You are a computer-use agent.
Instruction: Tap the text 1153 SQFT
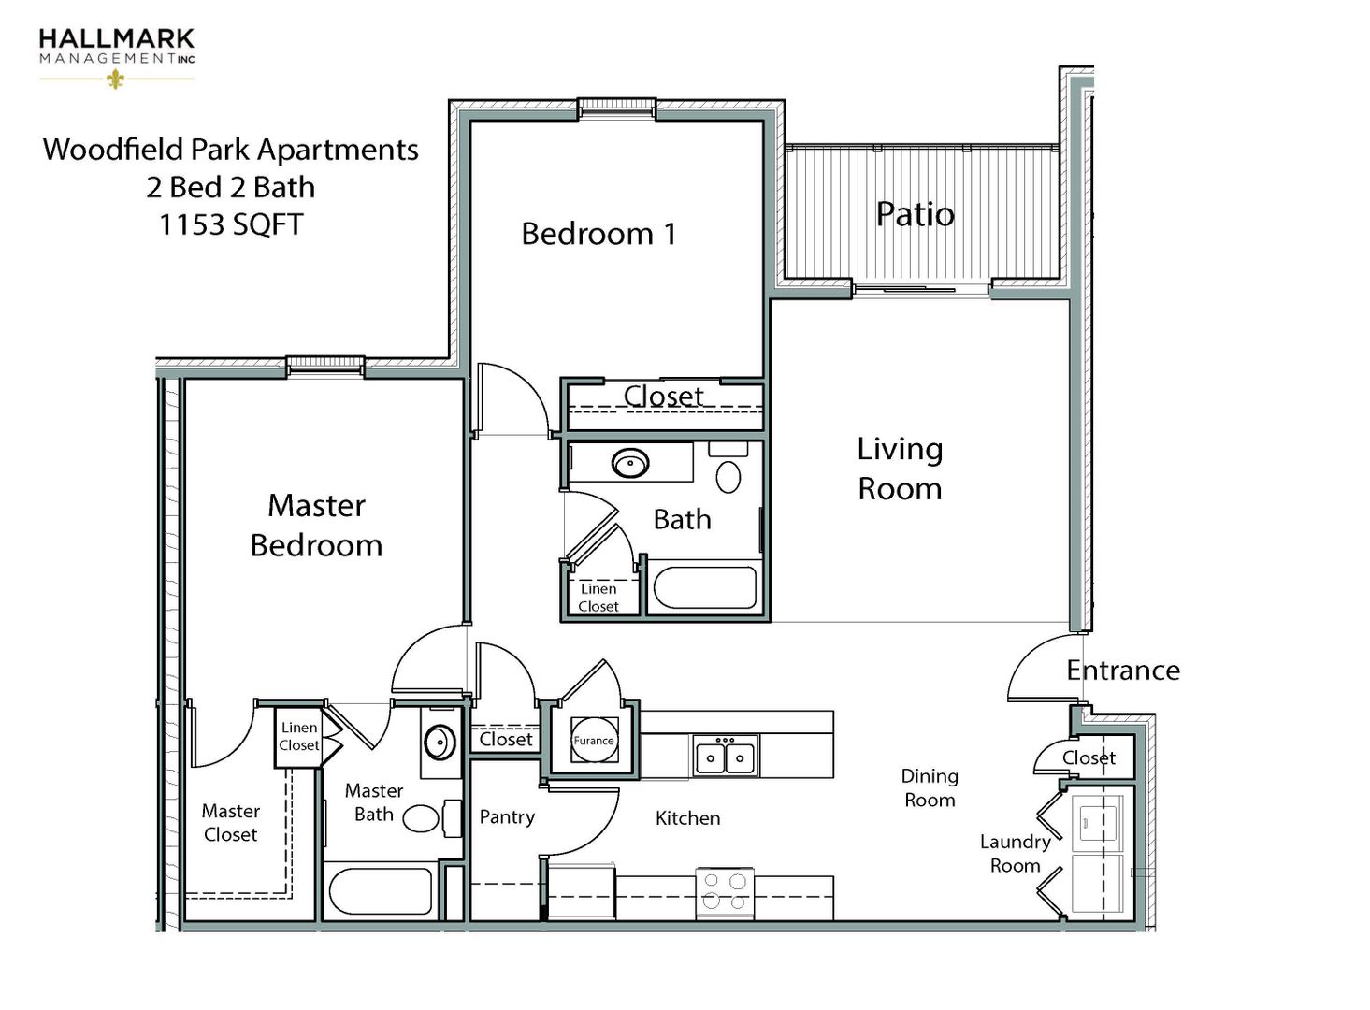pos(231,224)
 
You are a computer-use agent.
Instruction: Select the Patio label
pos(915,214)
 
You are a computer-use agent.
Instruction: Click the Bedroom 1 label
pos(598,234)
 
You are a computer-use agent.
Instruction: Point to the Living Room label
pos(900,469)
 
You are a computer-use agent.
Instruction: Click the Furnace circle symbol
pos(594,740)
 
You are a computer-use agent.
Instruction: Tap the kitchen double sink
pos(726,755)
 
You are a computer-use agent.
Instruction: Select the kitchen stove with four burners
pos(725,891)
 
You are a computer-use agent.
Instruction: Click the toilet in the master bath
pos(425,819)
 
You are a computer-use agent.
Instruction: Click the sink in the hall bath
pos(630,463)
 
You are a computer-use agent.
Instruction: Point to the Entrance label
pos(1122,671)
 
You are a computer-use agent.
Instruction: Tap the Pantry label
pos(507,816)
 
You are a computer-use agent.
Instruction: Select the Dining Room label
pos(929,787)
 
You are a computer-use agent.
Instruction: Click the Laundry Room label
pos(1015,853)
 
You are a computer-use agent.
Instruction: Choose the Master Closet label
pos(230,822)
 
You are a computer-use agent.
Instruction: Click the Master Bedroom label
pos(316,526)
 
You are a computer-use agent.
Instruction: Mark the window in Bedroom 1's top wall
pos(615,108)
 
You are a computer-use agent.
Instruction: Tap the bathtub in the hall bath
pos(705,587)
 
